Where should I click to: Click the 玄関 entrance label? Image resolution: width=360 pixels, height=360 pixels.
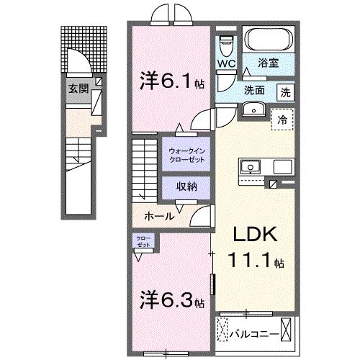pos(78,89)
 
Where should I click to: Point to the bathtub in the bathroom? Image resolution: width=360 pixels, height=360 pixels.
pos(267,40)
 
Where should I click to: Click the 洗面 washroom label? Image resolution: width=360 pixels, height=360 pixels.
pos(253,91)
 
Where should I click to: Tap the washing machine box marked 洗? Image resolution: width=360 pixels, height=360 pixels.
pos(286,92)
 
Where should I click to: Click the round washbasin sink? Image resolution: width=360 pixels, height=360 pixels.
pos(253,109)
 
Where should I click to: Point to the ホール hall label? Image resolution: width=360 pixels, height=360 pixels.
pos(158,215)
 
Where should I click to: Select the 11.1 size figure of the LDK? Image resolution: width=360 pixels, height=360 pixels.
pos(248,260)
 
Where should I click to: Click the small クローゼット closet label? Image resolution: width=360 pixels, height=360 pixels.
pos(143,240)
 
